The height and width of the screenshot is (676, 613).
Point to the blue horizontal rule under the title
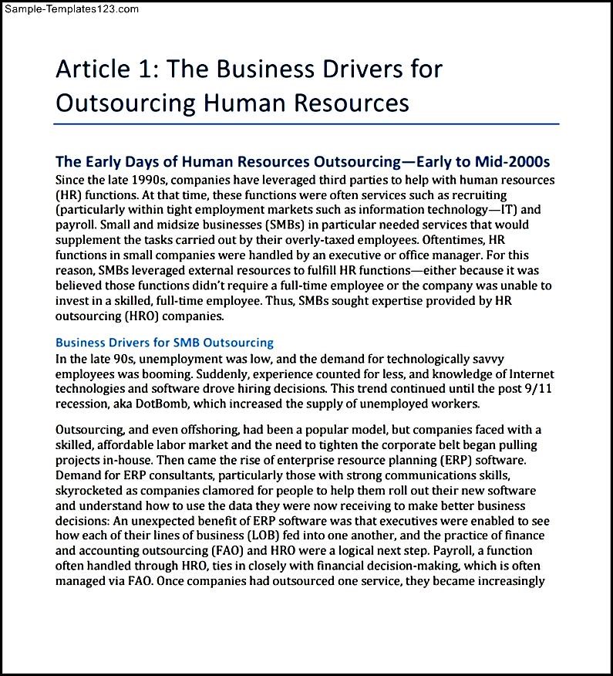306,123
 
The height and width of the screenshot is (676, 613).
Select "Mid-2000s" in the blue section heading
512,161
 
